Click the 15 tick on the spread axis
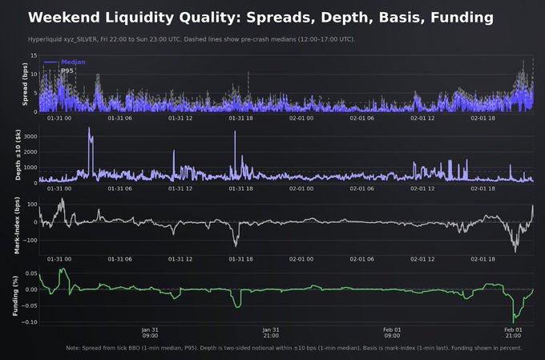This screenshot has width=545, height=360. [x=34, y=55]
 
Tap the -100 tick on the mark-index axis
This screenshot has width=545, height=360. [x=30, y=239]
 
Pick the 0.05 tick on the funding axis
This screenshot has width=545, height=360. [x=30, y=273]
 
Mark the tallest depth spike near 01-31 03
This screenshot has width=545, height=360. [x=89, y=128]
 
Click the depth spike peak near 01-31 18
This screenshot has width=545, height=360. [x=235, y=132]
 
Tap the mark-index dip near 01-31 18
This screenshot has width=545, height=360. [x=236, y=245]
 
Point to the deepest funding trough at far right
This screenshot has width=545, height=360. [x=515, y=320]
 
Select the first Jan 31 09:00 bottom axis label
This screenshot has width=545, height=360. [x=149, y=333]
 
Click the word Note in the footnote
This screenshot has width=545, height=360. [x=74, y=348]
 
